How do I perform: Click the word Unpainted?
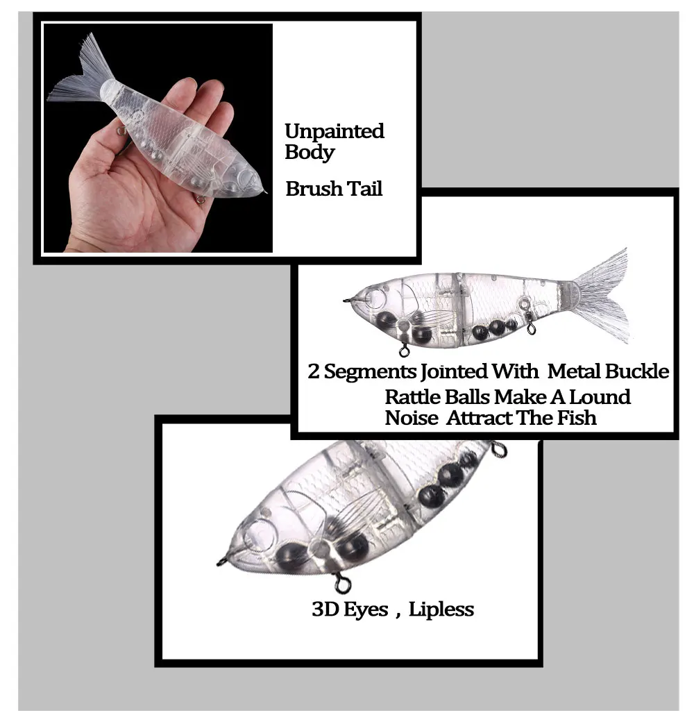335,131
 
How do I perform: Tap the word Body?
310,153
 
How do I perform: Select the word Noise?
412,418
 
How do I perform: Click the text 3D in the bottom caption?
324,609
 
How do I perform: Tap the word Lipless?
441,609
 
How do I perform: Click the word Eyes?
366,610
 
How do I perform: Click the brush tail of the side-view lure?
602,296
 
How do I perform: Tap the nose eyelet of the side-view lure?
347,300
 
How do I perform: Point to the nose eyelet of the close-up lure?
221,562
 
